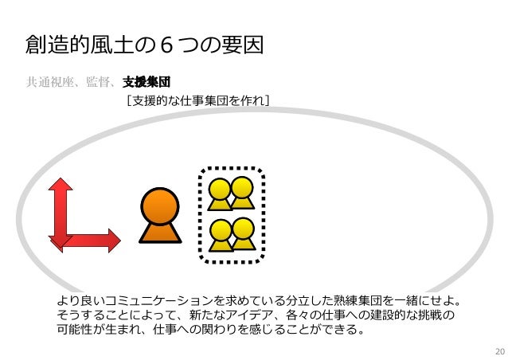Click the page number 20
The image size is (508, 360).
499,350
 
